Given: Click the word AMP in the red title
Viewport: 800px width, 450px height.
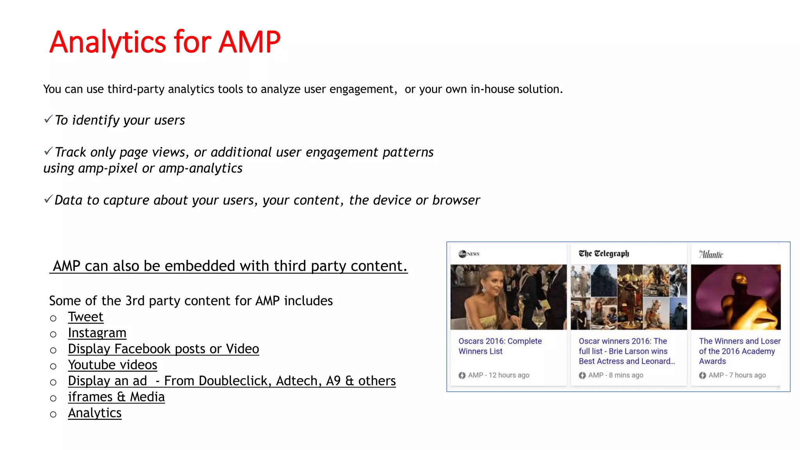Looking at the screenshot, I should point(249,42).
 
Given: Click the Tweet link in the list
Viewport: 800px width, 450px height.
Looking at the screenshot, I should point(86,317).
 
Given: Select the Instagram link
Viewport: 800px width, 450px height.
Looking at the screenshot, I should point(97,333).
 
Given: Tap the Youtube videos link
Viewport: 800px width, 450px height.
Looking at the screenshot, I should point(112,365).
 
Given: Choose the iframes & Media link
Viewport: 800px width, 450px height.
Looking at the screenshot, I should point(116,397).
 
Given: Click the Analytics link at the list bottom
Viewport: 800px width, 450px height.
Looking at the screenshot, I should point(95,413).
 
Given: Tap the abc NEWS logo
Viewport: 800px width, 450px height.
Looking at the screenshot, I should point(469,254).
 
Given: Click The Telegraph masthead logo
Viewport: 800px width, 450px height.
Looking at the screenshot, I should point(604,254).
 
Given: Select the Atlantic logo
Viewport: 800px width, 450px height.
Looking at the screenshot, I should point(711,255).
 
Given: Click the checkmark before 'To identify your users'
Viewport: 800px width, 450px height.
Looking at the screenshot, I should point(48,119).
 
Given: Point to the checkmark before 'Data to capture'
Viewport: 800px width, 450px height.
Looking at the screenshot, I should point(48,199).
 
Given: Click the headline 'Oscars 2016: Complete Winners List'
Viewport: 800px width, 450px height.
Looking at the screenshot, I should point(500,346).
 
